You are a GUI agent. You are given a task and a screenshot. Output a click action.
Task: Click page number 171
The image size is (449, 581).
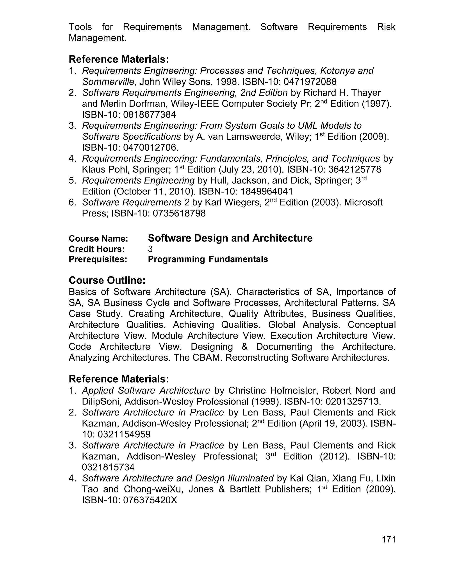point(389,540)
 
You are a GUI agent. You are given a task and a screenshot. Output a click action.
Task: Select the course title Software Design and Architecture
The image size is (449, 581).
point(230,238)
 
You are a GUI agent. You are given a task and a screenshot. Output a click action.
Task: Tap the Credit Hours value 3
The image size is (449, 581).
point(150,249)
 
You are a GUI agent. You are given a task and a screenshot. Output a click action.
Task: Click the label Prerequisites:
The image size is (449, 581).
point(98,259)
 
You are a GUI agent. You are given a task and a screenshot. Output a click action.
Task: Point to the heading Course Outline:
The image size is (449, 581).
point(107,280)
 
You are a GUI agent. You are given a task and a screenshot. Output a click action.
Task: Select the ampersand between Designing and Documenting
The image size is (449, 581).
point(244,347)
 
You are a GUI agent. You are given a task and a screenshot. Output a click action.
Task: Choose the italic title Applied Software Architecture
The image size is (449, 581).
point(146,390)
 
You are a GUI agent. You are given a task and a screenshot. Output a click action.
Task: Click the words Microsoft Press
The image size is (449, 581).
point(363,202)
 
